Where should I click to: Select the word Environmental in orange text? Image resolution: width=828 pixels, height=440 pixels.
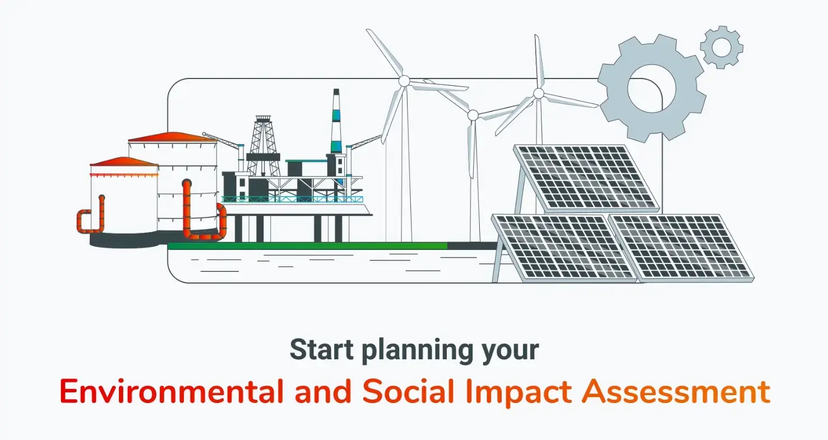(171, 392)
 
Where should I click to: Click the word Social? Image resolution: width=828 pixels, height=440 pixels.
(408, 392)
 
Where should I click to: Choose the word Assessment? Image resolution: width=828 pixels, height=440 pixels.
(676, 392)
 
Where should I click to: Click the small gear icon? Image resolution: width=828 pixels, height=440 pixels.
(721, 47)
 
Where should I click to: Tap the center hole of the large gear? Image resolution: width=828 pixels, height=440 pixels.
(651, 89)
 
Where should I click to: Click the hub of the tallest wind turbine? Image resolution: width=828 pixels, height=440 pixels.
(404, 81)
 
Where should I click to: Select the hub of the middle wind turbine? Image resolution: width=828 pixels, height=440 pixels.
(473, 115)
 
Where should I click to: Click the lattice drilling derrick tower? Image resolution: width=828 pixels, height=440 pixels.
(263, 146)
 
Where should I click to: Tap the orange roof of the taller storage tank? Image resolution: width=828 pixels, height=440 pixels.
(172, 137)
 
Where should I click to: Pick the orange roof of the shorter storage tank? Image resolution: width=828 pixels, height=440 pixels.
(124, 161)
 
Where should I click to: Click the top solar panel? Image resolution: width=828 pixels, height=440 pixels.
(586, 178)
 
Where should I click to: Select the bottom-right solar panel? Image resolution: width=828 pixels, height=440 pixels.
(681, 248)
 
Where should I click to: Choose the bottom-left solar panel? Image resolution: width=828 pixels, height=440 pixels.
(565, 248)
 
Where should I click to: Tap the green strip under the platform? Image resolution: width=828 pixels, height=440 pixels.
(308, 246)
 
